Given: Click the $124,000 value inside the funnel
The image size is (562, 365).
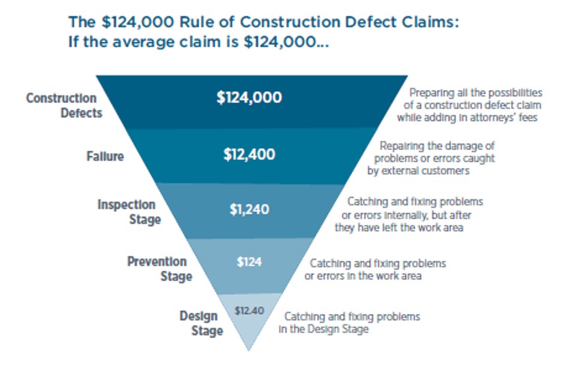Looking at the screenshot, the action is (249, 98).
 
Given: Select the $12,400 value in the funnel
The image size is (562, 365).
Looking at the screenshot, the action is (249, 154).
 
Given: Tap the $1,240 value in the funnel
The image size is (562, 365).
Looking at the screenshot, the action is (249, 210).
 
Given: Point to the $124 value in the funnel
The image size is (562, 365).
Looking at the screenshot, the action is (249, 262).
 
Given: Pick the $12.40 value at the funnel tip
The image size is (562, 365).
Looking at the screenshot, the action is (250, 310).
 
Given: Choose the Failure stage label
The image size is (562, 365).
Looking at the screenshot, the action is (105, 157).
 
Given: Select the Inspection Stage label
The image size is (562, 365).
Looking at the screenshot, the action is (129, 212).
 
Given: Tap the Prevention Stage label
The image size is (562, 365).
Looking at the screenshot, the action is (160, 269).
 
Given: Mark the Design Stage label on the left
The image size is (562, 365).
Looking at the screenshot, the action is (201, 324).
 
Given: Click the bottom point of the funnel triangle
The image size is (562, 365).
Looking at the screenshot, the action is (249, 351).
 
